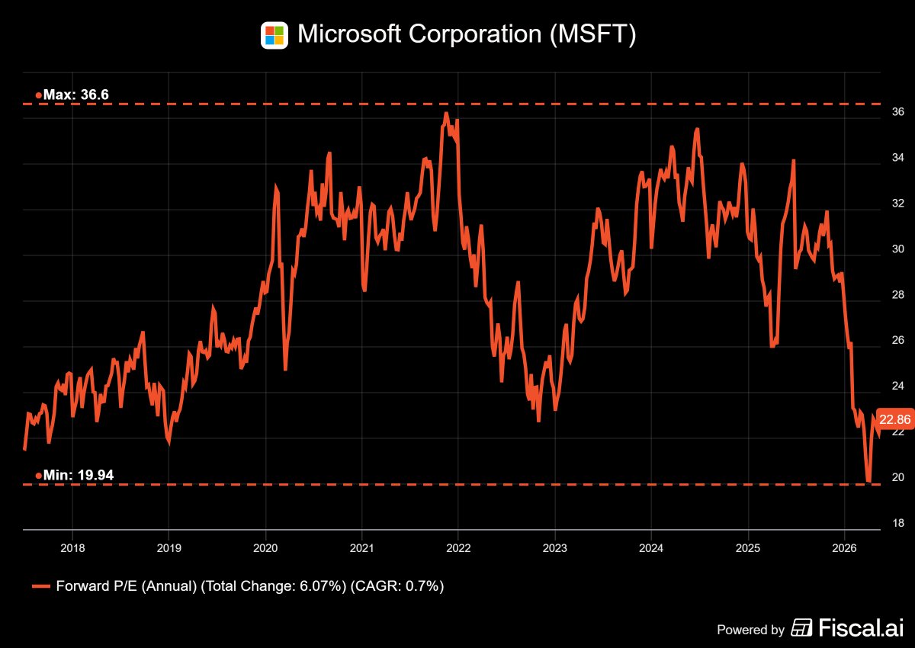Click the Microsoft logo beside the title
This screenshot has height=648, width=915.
coord(274,35)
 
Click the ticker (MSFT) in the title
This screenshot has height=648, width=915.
coord(592,34)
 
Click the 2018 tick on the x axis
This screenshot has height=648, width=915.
coord(72,548)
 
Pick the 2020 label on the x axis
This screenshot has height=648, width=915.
coord(265,548)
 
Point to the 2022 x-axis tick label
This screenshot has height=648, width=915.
coord(458,548)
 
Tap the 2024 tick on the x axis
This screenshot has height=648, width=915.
coord(651,548)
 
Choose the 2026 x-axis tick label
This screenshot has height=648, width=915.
coord(844,548)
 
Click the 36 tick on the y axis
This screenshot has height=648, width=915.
coord(898,111)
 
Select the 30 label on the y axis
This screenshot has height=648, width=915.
coord(898,249)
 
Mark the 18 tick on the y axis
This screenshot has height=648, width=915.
coord(898,523)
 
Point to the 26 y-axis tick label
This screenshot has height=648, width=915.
coord(898,340)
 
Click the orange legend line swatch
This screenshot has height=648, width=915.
coord(41,586)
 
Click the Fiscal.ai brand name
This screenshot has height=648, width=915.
coord(861,627)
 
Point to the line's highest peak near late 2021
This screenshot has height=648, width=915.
coord(446,113)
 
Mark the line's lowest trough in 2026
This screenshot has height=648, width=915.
coord(868,481)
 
